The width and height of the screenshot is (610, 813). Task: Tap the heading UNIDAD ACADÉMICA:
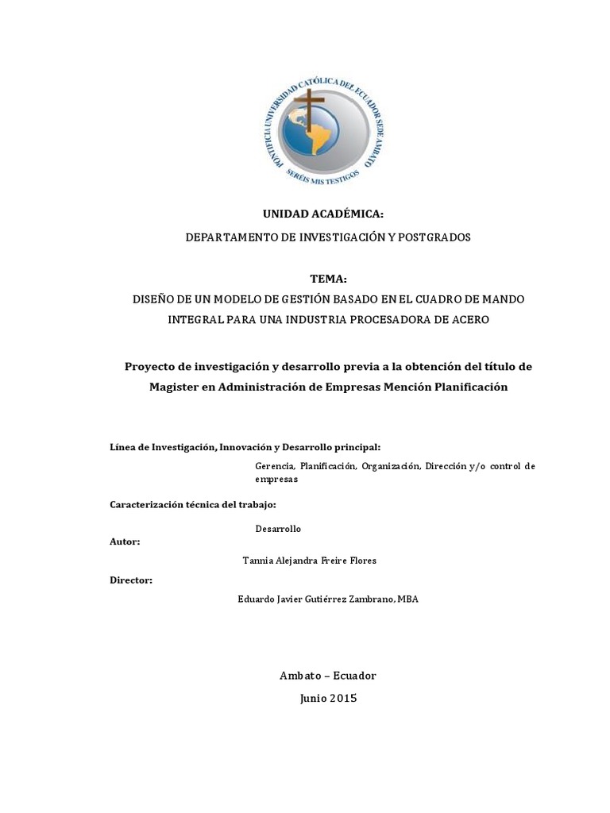[311, 214]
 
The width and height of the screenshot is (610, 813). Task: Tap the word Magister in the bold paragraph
[175, 387]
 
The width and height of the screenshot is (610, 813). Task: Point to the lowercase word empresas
[276, 480]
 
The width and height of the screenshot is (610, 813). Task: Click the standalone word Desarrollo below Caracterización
[278, 529]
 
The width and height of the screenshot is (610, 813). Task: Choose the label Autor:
[125, 541]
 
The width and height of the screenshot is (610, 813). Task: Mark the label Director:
[131, 580]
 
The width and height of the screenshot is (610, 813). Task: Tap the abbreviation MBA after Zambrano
[407, 599]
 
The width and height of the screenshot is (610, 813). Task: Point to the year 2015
[342, 699]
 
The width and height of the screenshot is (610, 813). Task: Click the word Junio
[313, 699]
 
